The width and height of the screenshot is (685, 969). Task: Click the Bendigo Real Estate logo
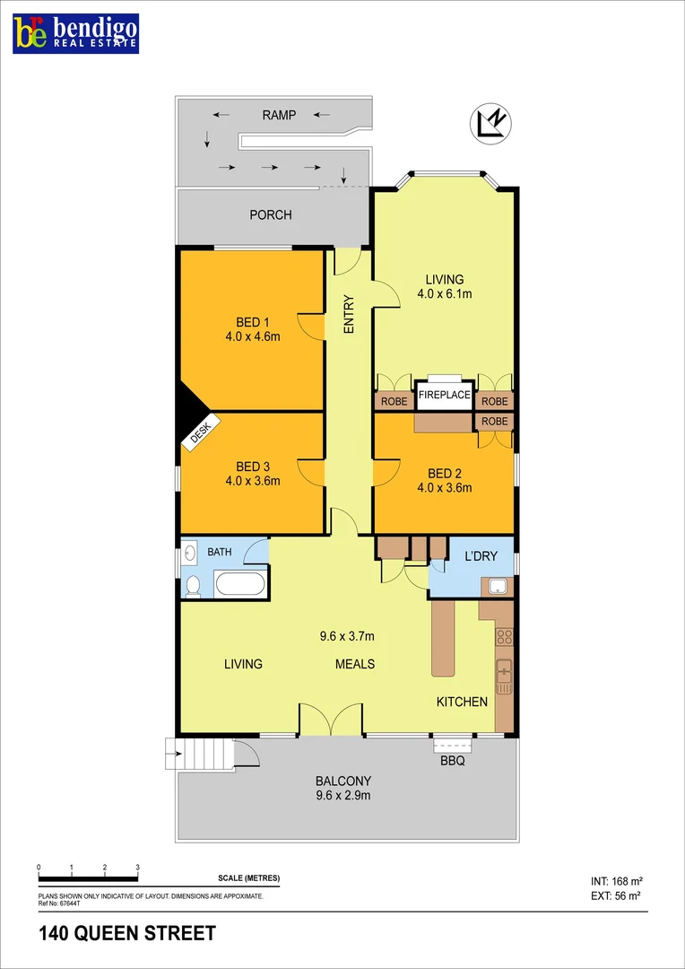[x=75, y=32]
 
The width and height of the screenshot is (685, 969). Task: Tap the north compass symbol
[x=490, y=124]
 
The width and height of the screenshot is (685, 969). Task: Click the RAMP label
[x=278, y=115]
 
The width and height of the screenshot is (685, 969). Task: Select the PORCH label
[x=270, y=215]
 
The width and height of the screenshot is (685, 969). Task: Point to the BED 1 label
[x=253, y=323]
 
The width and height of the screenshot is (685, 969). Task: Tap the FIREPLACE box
[x=443, y=396]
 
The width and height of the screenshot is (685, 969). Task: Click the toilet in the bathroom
[x=192, y=586]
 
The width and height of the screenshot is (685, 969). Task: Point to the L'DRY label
[x=481, y=556]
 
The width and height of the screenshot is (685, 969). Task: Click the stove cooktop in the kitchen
[x=504, y=637]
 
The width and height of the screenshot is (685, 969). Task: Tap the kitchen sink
[x=504, y=673]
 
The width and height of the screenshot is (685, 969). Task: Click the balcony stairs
[x=206, y=752]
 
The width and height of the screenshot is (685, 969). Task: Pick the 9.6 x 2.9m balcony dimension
[x=343, y=795]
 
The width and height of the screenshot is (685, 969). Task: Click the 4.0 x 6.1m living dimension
[x=445, y=293]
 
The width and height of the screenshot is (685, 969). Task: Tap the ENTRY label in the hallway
[x=349, y=315]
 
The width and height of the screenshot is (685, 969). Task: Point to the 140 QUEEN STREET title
[x=127, y=934]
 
